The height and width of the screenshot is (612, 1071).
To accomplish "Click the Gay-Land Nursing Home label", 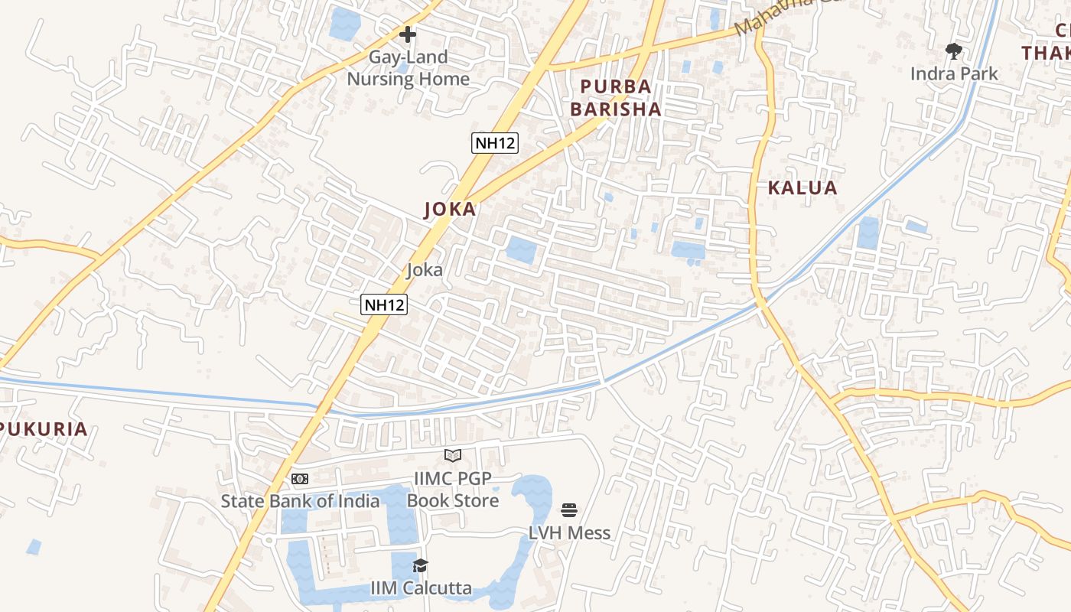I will tap(408, 68).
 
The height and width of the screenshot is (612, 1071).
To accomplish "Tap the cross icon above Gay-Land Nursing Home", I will tap(408, 34).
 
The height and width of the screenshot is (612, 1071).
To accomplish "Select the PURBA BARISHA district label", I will tap(615, 98).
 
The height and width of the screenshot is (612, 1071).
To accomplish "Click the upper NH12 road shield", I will tap(494, 143).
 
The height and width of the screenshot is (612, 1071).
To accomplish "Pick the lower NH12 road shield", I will tap(384, 304).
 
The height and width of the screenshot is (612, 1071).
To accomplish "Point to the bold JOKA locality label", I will tap(451, 210).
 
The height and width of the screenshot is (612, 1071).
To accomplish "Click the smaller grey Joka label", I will tap(425, 269).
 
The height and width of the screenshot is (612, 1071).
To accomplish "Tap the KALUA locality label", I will tap(802, 188).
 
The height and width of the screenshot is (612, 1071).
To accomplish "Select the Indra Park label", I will tap(954, 74).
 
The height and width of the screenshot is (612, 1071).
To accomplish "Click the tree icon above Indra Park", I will tap(953, 51).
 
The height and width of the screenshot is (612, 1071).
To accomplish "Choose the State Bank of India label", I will tap(300, 501).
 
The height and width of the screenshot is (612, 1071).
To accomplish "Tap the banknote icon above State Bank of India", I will tap(300, 479).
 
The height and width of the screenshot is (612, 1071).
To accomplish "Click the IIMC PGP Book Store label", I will tap(453, 490).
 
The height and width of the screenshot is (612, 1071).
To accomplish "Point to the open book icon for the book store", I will tap(453, 456).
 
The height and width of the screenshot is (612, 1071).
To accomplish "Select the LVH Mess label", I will tap(569, 533).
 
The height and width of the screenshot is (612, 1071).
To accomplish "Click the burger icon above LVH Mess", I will tap(569, 510).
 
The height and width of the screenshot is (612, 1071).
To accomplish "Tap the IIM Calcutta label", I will tap(421, 588).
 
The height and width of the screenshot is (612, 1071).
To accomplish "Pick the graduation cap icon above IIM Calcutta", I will tap(420, 566).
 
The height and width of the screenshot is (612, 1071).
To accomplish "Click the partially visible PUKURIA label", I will tap(44, 429).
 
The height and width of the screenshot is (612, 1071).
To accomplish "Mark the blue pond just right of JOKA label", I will tap(522, 250).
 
